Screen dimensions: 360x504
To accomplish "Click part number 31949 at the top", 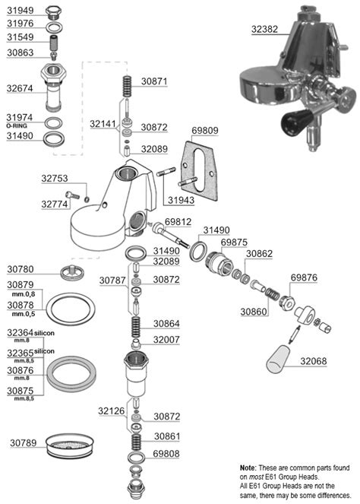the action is tap(21, 11).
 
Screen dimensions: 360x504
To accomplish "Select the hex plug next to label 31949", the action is tap(53, 12).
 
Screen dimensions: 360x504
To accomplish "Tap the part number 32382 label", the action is tap(264, 29).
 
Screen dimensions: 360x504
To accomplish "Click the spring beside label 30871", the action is tap(128, 86).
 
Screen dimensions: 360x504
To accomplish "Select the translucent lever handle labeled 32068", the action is tap(279, 359).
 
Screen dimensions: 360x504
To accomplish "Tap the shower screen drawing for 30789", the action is tap(70, 445).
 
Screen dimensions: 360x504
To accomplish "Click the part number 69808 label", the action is tap(166, 454).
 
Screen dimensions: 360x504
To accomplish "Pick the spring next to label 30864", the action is tap(136, 327).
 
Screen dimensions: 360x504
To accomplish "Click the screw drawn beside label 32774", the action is tap(73, 195).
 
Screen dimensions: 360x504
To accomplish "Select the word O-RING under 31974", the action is tap(17, 125).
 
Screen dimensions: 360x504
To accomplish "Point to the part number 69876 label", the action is tap(304, 277).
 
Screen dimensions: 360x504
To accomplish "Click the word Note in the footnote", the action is tap(248, 468).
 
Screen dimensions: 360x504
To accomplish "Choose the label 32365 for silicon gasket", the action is tap(21, 353).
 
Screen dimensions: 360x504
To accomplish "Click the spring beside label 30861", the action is tap(137, 442).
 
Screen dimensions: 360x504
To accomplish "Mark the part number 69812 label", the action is tap(178, 222).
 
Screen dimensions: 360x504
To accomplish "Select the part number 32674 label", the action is tap(20, 88).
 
